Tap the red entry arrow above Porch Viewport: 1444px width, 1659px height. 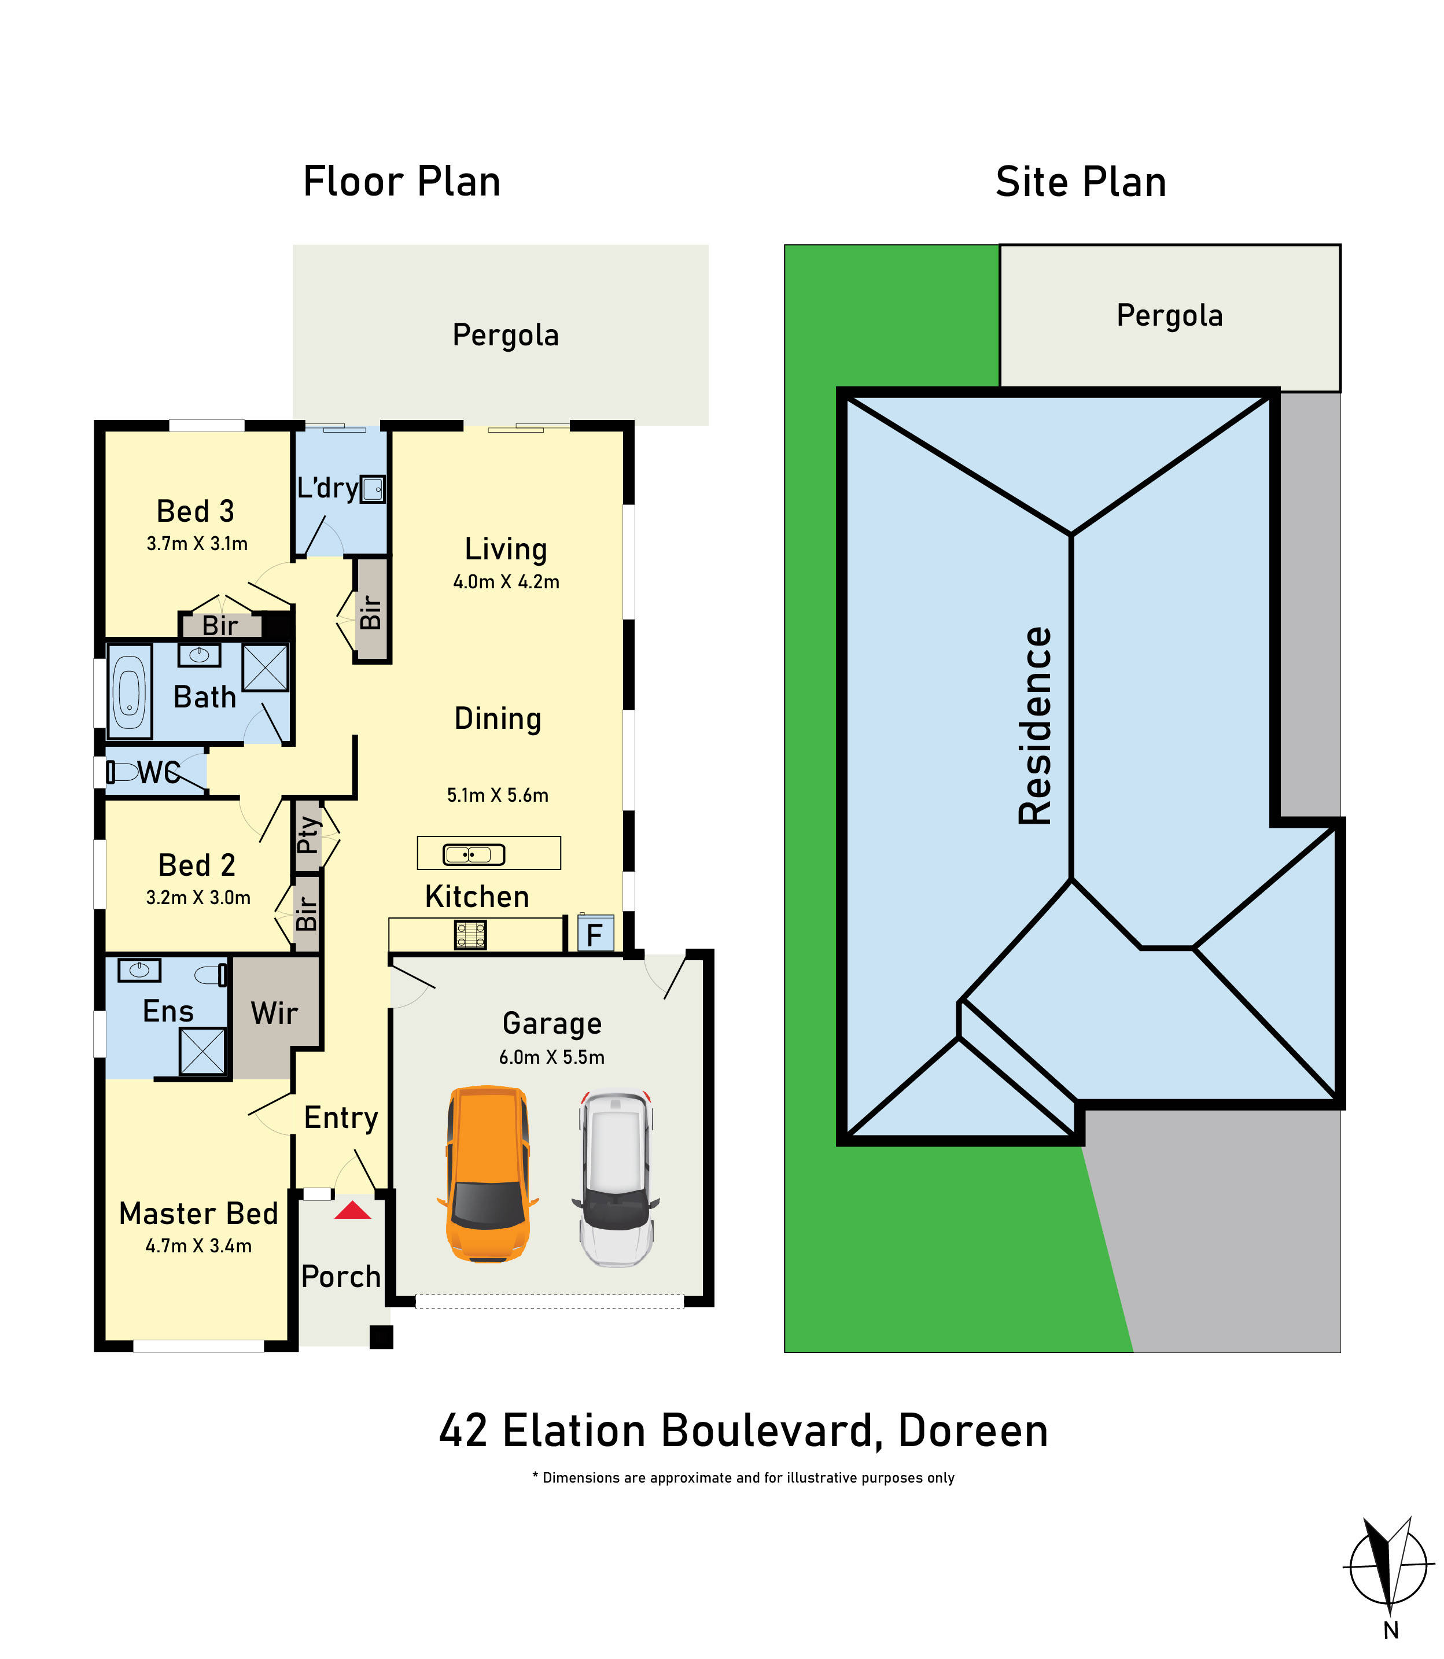352,1210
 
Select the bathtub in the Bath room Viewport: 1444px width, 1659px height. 129,691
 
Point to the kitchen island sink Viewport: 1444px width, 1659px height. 474,854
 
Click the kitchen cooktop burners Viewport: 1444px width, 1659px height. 470,935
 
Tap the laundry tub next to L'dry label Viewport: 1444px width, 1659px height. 373,489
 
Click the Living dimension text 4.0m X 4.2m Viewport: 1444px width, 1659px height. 506,582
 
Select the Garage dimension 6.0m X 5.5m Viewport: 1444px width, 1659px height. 551,1057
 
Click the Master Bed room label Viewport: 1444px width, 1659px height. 198,1214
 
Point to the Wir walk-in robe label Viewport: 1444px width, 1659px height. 274,1013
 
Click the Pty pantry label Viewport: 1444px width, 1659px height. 307,834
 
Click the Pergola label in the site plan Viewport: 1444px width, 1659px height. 1169,315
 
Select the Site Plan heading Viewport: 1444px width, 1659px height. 1081,182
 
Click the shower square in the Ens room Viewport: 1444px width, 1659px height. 202,1052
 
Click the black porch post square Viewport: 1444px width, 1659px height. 381,1337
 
